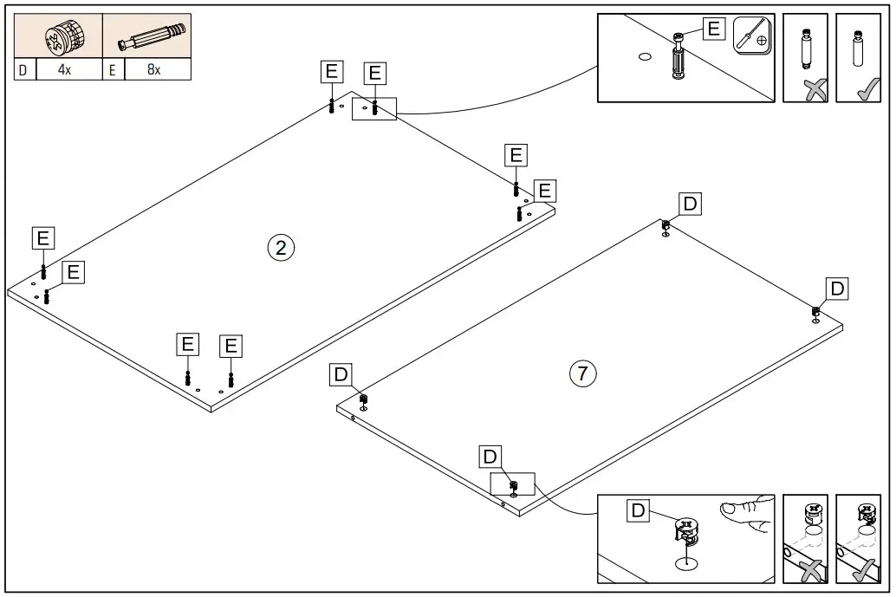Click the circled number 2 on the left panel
[x=281, y=248]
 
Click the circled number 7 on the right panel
[x=582, y=374]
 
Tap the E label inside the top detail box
[x=713, y=29]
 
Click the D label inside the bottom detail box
[x=638, y=510]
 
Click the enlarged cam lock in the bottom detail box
[x=685, y=531]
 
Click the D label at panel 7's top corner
[x=690, y=204]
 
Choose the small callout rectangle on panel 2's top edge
[x=373, y=108]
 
